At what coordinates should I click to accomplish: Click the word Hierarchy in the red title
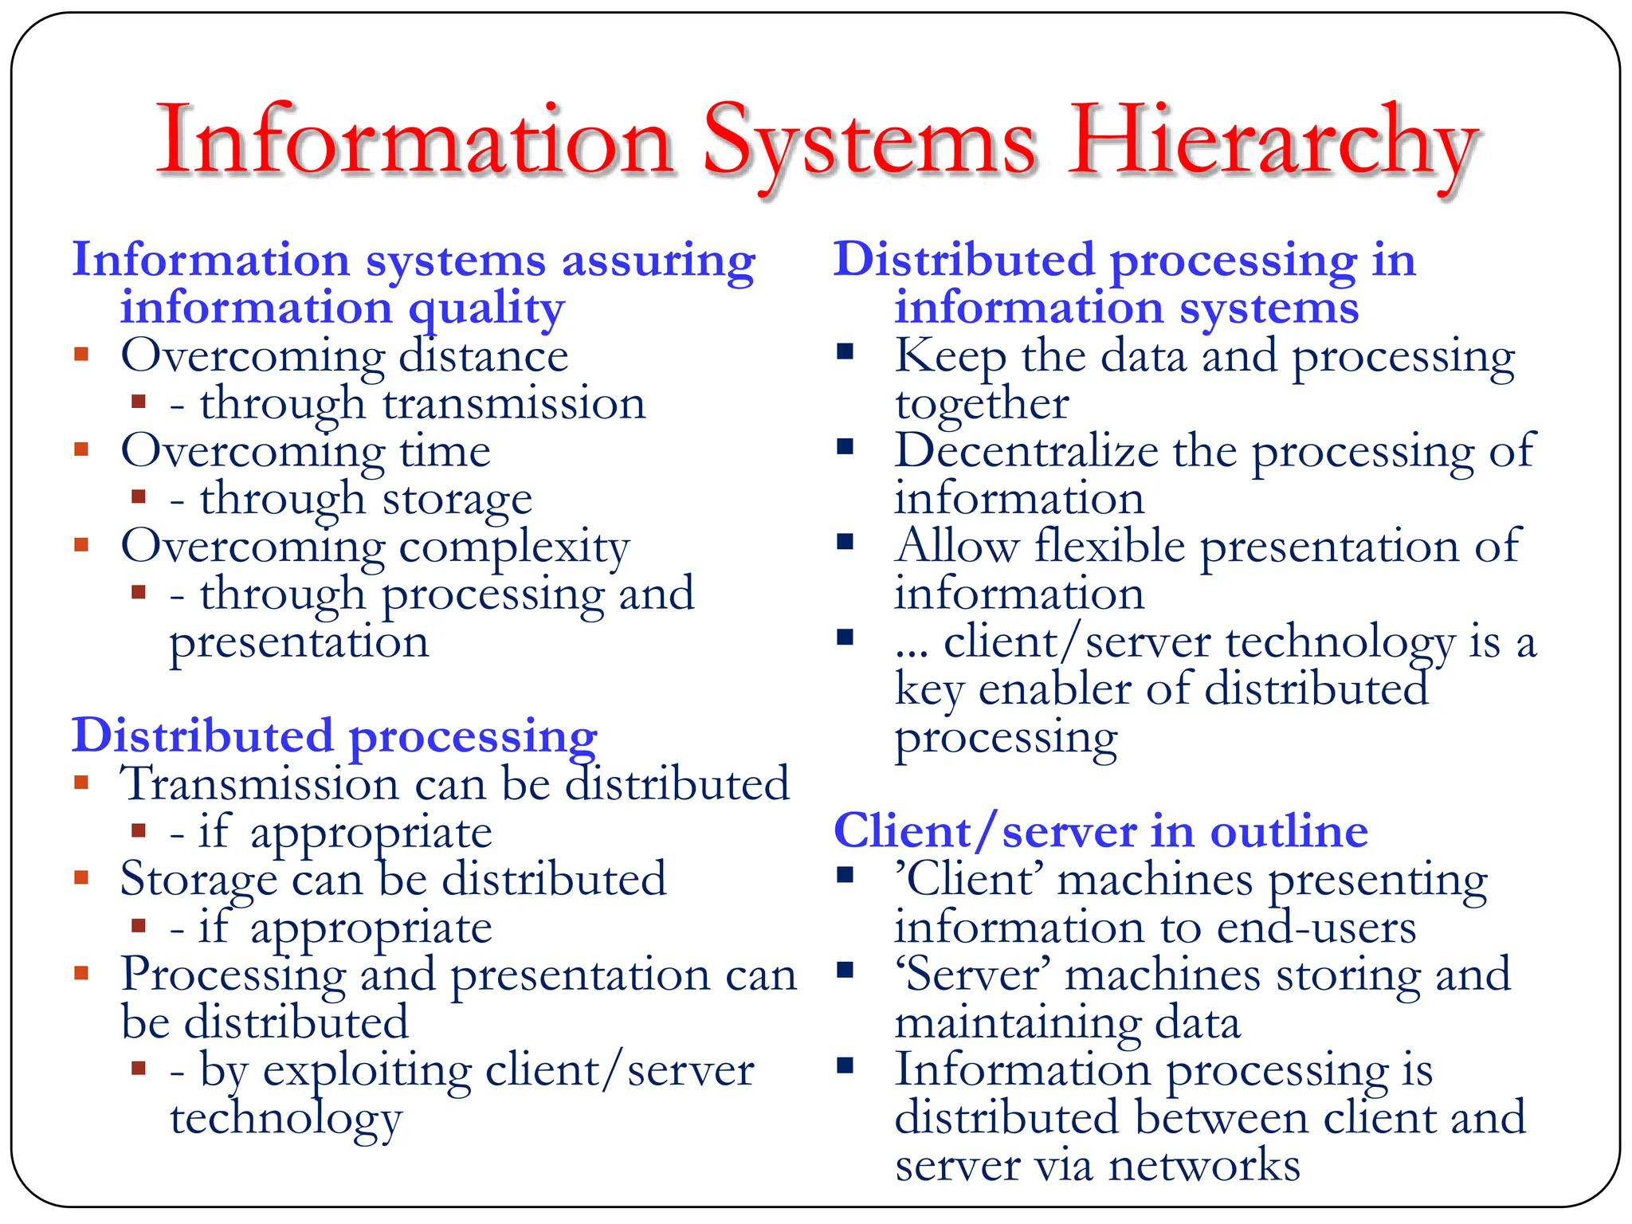coord(1273,143)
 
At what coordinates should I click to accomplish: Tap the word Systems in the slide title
coord(869,143)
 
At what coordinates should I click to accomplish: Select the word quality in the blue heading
coord(486,309)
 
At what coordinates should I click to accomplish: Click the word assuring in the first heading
coord(658,261)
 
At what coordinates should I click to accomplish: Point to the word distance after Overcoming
coord(483,355)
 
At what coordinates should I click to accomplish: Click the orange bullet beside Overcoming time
coord(81,449)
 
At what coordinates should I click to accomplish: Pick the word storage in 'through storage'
coord(457,500)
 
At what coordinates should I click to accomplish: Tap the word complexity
coord(514,547)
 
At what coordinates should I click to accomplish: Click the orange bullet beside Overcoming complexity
coord(81,544)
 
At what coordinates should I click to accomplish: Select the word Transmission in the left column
coord(258,784)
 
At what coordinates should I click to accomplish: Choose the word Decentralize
coord(1026,451)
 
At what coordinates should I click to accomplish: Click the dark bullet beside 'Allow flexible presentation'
coord(845,543)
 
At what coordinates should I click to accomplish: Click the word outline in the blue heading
coord(1289,832)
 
